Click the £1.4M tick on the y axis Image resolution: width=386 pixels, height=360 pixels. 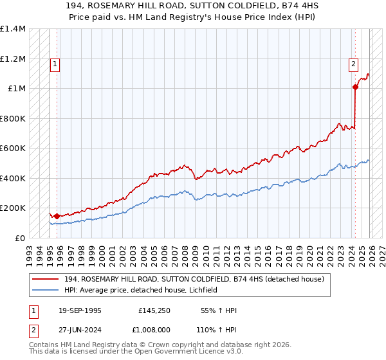[x=13, y=29]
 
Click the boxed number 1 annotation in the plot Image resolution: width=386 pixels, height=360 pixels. [x=56, y=64]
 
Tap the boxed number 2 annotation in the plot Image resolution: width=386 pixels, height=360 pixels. [x=354, y=64]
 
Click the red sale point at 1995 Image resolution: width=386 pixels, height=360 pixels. [x=57, y=217]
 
